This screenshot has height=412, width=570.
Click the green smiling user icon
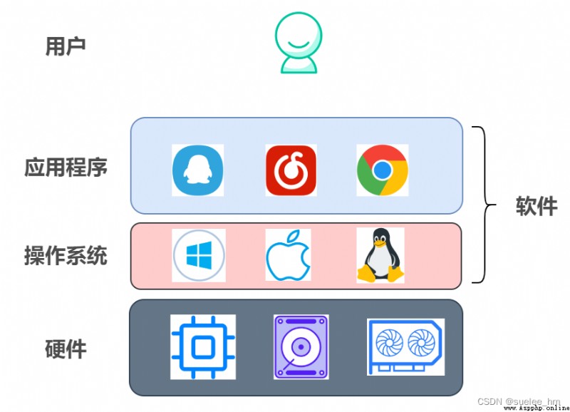tap(299, 43)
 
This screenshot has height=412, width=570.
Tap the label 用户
tap(66, 47)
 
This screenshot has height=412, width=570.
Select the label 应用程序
tap(66, 168)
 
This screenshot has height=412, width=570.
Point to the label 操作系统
tap(66, 255)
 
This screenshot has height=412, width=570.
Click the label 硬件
tap(66, 349)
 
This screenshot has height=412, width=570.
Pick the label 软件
tap(537, 206)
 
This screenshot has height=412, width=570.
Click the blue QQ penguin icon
tap(198, 170)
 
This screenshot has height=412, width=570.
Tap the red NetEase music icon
tap(291, 170)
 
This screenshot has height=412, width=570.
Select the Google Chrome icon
tap(383, 170)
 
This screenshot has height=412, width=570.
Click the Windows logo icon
tap(199, 255)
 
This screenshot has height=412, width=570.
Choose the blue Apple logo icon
tap(289, 255)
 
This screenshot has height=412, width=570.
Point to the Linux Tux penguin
tap(380, 255)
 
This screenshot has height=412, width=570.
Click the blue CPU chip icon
tap(203, 347)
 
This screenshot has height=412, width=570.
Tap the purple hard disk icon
tap(301, 347)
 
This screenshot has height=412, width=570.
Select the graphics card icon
tap(405, 347)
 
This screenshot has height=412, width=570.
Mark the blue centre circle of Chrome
tap(383, 170)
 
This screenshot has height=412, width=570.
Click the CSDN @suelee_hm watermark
tap(519, 401)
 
